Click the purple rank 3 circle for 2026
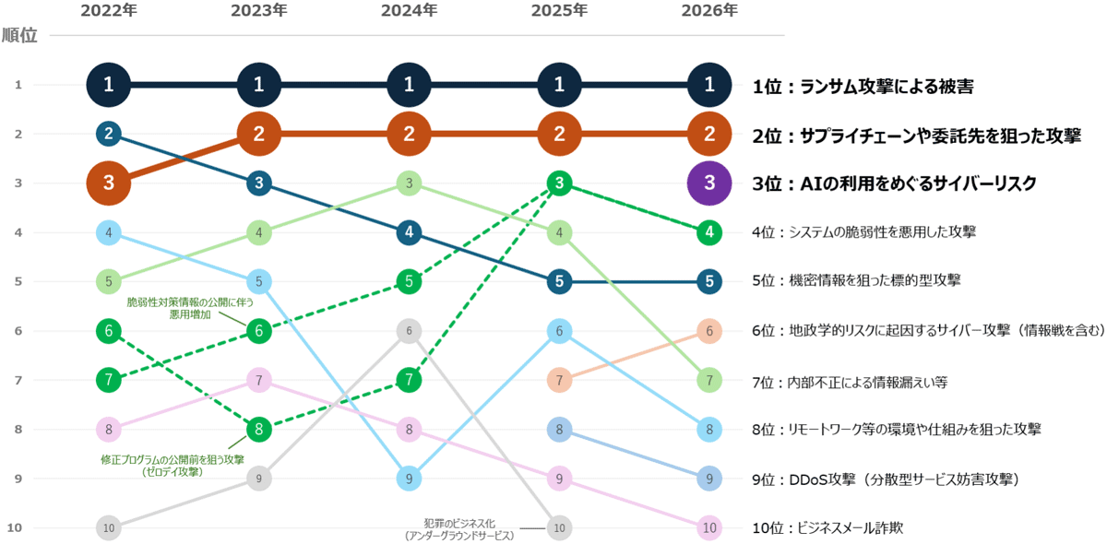[x=709, y=183]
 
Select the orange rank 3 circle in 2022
[x=109, y=183]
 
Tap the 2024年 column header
[x=409, y=11]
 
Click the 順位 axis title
[x=20, y=36]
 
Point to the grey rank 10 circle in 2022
[x=109, y=527]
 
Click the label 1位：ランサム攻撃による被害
[x=863, y=86]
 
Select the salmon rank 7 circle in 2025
[x=559, y=379]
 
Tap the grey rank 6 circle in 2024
[x=409, y=330]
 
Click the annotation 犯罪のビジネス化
[x=458, y=523]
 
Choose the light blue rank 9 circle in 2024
[x=409, y=478]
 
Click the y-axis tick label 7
[x=18, y=379]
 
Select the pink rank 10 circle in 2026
[x=709, y=527]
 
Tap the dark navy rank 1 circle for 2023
[x=259, y=85]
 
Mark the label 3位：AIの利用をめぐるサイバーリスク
[x=894, y=183]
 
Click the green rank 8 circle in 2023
[x=259, y=429]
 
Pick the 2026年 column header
[x=709, y=11]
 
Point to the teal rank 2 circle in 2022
[x=109, y=134]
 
